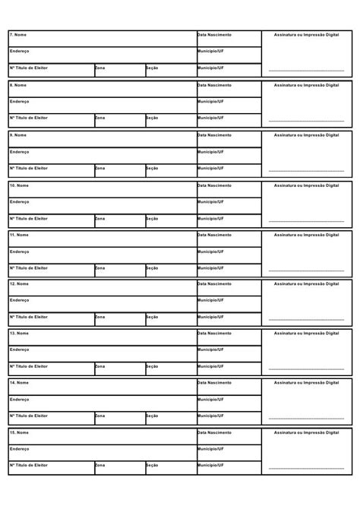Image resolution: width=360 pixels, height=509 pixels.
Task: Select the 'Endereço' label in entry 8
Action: [20, 101]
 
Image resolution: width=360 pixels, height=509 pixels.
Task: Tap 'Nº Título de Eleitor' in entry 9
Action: [29, 168]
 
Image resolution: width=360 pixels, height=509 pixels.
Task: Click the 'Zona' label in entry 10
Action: [100, 218]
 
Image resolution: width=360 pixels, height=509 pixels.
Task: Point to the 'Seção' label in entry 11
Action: [152, 267]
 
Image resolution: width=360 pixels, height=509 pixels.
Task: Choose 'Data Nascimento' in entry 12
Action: [214, 283]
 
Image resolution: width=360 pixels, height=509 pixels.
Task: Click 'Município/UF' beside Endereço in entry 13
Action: [211, 349]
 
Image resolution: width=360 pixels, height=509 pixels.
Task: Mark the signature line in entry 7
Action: [306, 70]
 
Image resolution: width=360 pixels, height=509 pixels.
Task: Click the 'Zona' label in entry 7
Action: [100, 68]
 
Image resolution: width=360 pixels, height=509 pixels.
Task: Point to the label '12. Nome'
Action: [19, 283]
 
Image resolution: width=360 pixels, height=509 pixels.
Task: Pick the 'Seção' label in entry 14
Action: [152, 416]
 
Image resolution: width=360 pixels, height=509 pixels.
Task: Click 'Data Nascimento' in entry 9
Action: [214, 134]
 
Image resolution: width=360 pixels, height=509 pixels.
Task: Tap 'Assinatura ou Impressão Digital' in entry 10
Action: [306, 185]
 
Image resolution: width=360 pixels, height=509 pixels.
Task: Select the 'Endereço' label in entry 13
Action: [20, 349]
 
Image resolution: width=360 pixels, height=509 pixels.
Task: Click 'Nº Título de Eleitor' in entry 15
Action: [29, 465]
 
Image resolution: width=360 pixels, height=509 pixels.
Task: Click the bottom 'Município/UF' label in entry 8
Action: [211, 118]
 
